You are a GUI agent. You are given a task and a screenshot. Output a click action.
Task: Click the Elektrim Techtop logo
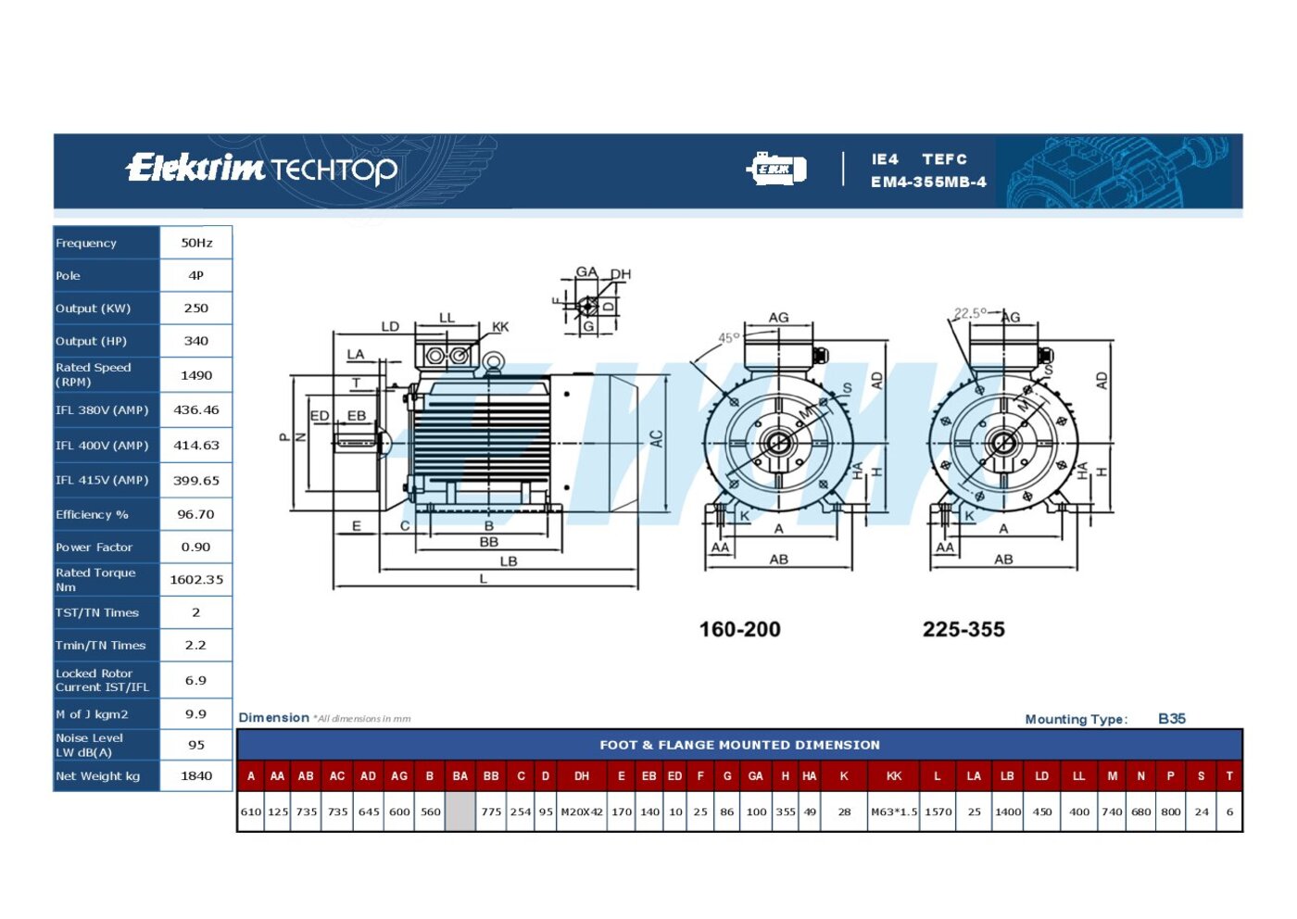(261, 169)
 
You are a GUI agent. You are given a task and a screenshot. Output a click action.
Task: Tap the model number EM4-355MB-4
(928, 182)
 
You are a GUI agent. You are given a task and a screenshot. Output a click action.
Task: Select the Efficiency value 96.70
(195, 514)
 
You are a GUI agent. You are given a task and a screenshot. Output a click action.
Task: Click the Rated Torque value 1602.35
(196, 579)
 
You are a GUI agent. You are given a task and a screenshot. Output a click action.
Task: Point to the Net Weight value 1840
(196, 775)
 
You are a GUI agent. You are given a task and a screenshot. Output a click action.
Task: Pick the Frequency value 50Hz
(196, 243)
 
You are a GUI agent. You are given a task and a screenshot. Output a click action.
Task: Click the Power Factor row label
(94, 548)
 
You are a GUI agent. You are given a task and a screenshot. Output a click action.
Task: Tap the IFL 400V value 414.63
(196, 446)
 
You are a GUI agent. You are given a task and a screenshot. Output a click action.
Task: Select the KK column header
(893, 776)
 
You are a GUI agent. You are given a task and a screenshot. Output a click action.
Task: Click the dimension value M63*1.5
(894, 812)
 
